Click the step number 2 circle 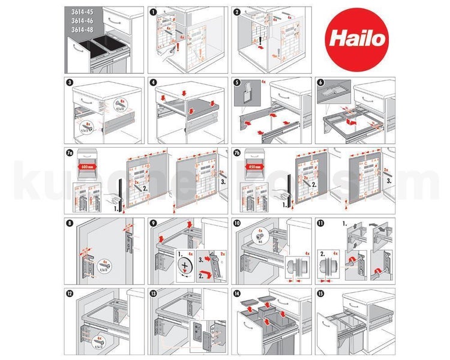point(236,11)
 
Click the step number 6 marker point(320,82)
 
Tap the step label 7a point(70,152)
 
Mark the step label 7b point(238,152)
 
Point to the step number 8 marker point(68,223)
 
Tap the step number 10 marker point(236,223)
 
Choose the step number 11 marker point(320,223)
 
